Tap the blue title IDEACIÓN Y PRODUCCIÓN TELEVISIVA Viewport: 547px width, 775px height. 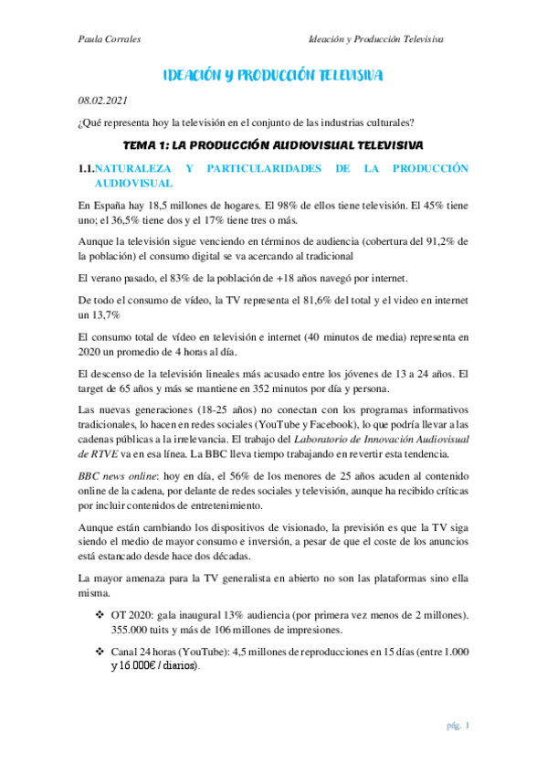point(273,75)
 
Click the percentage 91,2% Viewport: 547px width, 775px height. point(434,240)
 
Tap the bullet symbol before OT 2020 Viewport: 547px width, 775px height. point(100,617)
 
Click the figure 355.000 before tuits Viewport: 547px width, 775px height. point(133,630)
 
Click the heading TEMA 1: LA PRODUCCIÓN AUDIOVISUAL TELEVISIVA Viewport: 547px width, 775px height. point(273,146)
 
